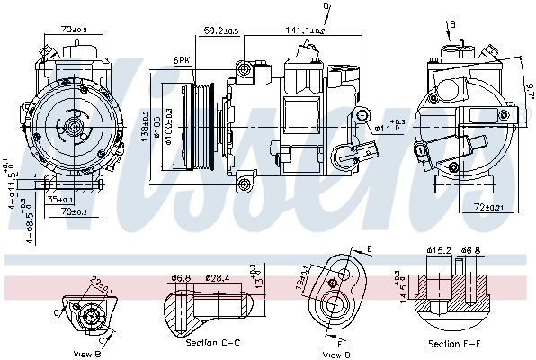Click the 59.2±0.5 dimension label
pos(220,32)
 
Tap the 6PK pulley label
pos(181,61)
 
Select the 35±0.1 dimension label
pos(61,200)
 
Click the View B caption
pos(87,354)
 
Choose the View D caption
pos(338,354)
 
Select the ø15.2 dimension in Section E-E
pos(439,250)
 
